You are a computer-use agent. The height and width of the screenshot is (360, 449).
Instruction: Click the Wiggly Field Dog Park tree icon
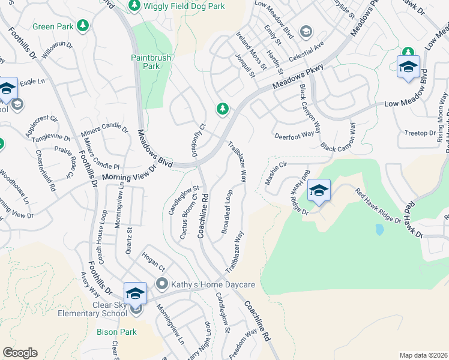pyautogui.click(x=134, y=5)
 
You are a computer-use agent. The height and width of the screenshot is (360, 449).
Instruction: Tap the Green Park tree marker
pyautogui.click(x=83, y=26)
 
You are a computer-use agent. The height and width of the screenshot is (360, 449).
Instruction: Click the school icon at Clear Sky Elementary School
pyautogui.click(x=135, y=295)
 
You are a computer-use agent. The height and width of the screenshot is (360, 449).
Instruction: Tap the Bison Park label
pyautogui.click(x=116, y=331)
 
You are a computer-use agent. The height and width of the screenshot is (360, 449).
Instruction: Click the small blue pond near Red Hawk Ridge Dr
pyautogui.click(x=379, y=229)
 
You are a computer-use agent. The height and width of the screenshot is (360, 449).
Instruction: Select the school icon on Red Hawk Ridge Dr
pyautogui.click(x=319, y=191)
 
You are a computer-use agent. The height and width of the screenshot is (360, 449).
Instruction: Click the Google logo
pyautogui.click(x=20, y=353)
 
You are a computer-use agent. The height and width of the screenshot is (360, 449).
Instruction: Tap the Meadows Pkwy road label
pyautogui.click(x=298, y=77)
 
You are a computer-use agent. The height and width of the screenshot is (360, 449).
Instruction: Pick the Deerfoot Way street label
pyautogui.click(x=294, y=135)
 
